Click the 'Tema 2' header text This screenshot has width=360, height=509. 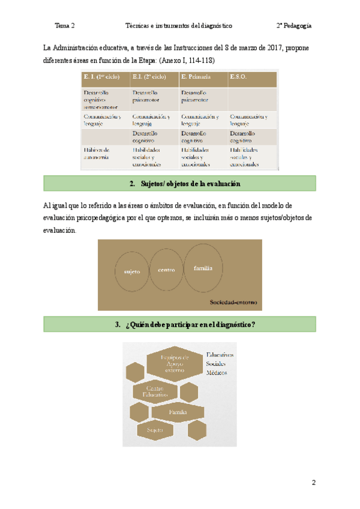(x=64, y=26)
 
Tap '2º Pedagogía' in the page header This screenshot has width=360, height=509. (x=293, y=26)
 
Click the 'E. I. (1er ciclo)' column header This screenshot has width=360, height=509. (x=101, y=77)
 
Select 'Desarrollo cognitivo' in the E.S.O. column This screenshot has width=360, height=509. (x=242, y=136)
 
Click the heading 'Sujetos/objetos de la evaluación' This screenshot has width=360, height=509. (x=184, y=184)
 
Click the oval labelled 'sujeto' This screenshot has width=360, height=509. (x=131, y=271)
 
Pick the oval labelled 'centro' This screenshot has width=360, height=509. (x=166, y=270)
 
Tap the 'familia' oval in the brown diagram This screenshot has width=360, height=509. (x=203, y=268)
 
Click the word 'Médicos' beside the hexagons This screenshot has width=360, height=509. (x=217, y=373)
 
